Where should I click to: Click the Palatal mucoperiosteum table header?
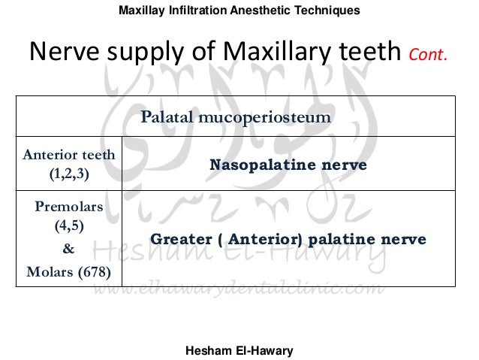tap(237, 118)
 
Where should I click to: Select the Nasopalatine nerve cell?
tap(288, 165)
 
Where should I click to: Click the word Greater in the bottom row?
tap(177, 239)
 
